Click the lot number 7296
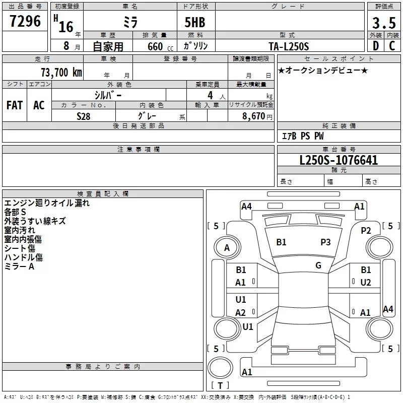click(x=25, y=21)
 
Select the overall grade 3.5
click(x=384, y=23)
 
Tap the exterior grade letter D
click(x=376, y=46)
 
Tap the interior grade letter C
click(x=392, y=46)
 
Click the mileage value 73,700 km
click(x=61, y=73)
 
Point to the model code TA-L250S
click(x=289, y=46)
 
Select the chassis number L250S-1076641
click(x=339, y=160)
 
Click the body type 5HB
click(x=195, y=22)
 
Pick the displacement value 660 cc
click(x=160, y=46)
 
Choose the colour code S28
click(x=84, y=116)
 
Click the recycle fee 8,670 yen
click(x=257, y=116)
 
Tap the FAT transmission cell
click(x=15, y=105)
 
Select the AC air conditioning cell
click(x=39, y=105)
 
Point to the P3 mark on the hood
click(x=325, y=242)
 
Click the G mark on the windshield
click(x=318, y=265)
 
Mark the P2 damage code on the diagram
click(x=366, y=231)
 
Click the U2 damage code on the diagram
click(x=366, y=283)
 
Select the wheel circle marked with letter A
click(x=227, y=248)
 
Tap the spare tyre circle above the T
click(x=220, y=368)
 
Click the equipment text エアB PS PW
click(x=303, y=136)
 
